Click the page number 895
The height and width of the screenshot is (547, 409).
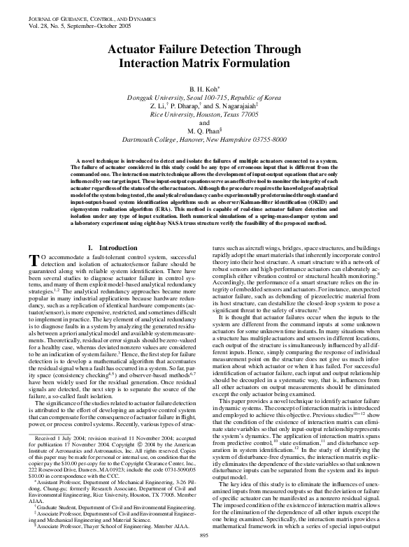205,534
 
